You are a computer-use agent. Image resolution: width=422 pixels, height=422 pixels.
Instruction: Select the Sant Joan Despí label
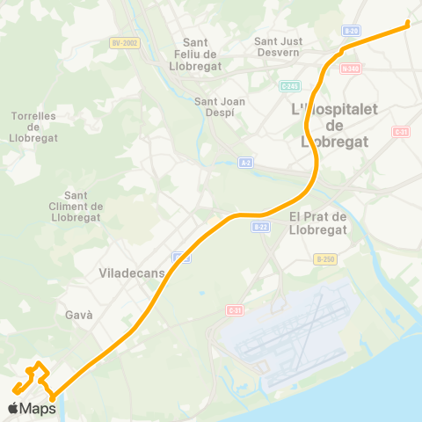220,107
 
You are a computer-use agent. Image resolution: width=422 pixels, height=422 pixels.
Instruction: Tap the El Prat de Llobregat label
318,223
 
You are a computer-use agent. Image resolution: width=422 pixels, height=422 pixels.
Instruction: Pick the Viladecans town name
133,273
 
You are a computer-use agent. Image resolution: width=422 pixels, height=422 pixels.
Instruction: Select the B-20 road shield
352,30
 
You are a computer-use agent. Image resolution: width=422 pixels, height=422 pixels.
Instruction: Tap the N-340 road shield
350,68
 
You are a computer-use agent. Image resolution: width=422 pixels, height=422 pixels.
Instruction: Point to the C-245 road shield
290,86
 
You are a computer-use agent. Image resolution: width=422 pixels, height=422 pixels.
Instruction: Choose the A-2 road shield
246,163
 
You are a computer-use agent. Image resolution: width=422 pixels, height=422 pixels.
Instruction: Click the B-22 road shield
261,227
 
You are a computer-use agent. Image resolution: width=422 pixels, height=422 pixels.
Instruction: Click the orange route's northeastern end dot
408,25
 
